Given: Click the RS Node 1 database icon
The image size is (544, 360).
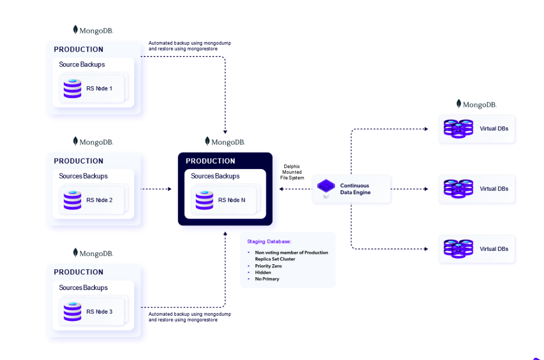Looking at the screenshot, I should point(72,88).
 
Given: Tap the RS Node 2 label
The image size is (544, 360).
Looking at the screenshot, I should point(100,200).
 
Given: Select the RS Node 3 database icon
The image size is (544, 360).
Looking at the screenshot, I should point(72,311).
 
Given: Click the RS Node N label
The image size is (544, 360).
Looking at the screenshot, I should point(232,200).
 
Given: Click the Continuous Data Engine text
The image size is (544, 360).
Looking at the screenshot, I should point(355,189).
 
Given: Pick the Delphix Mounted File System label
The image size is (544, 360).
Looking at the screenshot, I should point(293,172).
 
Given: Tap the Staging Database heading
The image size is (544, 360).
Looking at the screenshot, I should point(269,241).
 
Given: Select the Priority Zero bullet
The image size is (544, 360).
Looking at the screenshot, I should point(268,266).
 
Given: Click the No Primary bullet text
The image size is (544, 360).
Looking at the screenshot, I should point(267,279).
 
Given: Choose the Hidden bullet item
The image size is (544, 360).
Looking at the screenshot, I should point(263,273).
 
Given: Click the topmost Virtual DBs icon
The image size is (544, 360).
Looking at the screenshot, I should point(458,128).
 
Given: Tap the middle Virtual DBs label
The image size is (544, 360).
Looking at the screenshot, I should point(494,189).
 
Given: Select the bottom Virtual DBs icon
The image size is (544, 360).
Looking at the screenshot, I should point(458,249).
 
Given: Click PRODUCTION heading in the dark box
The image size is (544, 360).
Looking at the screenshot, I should point(210,161).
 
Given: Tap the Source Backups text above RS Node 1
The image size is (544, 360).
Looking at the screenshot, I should point(82,64).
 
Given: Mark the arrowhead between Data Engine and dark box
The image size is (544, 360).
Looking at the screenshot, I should point(281,189).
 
